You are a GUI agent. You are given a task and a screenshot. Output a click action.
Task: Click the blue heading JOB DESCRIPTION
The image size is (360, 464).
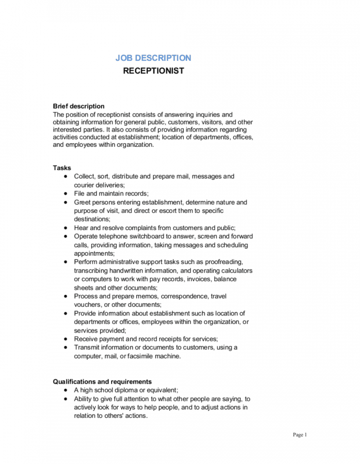click(x=153, y=58)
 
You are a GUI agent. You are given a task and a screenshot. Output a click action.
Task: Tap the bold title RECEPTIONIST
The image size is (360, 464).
click(x=153, y=71)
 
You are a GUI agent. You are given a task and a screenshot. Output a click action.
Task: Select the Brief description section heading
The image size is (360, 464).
click(x=79, y=106)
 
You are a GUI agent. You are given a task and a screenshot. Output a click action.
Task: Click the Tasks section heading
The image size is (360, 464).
click(x=62, y=168)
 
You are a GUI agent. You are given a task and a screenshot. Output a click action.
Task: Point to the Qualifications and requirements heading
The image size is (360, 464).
click(x=102, y=381)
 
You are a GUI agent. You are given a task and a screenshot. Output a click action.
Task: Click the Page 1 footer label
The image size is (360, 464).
click(x=300, y=435)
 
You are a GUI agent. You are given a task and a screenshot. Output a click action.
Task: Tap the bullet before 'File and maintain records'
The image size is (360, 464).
click(x=66, y=193)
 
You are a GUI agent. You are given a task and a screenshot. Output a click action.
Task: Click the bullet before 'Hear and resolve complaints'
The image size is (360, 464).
click(x=66, y=228)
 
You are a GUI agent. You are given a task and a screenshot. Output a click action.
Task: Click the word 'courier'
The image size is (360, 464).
click(x=84, y=185)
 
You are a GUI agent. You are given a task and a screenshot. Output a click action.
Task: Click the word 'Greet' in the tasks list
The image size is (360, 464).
click(x=81, y=202)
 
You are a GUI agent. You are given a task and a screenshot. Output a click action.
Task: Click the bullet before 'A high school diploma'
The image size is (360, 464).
click(x=66, y=390)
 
